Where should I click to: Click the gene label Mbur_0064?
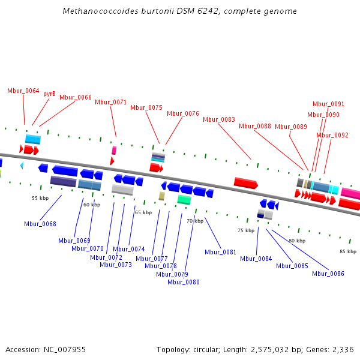point(23,91)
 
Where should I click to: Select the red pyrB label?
point(49,94)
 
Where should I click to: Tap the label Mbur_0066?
point(76,97)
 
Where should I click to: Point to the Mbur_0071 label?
point(111,102)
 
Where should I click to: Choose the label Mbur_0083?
point(219,119)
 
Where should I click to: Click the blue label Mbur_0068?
point(40,224)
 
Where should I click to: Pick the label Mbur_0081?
point(220,252)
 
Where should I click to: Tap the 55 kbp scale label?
point(40,198)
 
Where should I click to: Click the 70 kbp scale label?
point(195,221)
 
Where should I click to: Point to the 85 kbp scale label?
point(348,251)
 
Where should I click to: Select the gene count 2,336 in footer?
point(344,349)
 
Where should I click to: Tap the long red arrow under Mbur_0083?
point(245,183)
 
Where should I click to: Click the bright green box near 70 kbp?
point(184,200)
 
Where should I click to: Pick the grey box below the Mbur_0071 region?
point(122,190)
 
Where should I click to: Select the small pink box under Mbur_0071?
point(114,150)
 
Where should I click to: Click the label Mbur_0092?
point(332,136)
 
